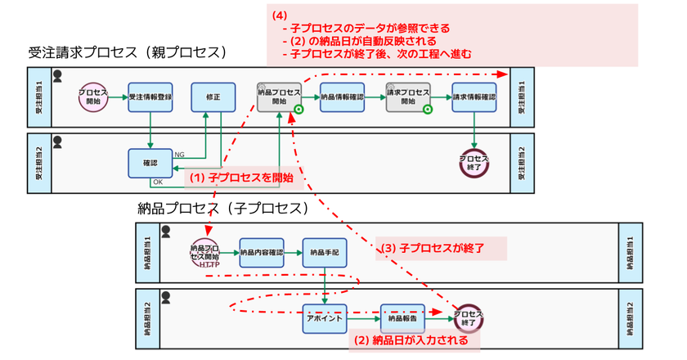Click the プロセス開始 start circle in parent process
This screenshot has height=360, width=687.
tap(94, 97)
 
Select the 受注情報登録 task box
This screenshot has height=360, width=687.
tap(150, 97)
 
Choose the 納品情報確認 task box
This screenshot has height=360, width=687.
tap(342, 97)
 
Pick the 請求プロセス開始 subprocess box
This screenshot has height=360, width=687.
tap(407, 97)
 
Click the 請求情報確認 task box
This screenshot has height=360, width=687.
tap(474, 97)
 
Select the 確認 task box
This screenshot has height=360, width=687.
tap(150, 162)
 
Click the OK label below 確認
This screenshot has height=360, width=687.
tap(158, 182)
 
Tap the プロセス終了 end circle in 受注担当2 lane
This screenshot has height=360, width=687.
tap(474, 161)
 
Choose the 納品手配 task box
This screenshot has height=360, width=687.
tap(325, 253)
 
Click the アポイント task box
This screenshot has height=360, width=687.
tap(325, 317)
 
